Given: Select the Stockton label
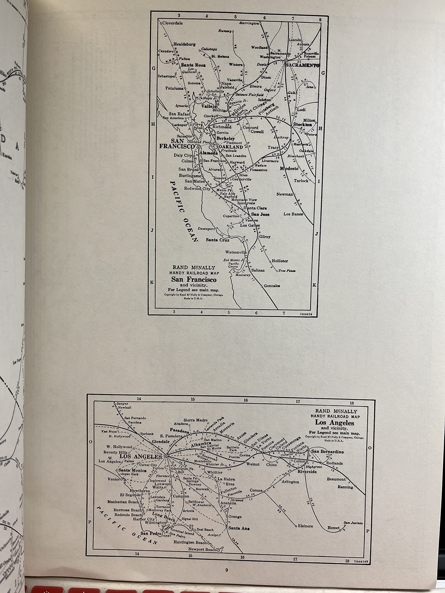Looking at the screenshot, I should point(302,125).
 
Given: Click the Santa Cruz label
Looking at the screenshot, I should point(218,240).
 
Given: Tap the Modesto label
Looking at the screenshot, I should point(289,169).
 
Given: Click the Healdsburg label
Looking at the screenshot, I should point(184,44).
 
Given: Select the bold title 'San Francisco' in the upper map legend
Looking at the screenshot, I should point(194,279).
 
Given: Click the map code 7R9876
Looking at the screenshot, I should point(309,313).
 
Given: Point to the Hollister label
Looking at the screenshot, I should point(280,261).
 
